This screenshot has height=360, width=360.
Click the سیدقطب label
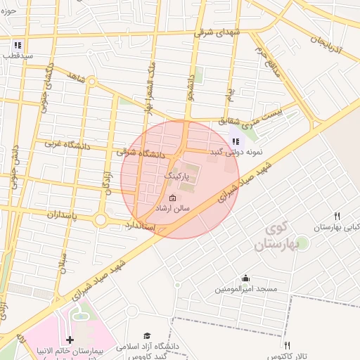click(x=16, y=55)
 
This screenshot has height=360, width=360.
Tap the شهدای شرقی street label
click(x=215, y=32)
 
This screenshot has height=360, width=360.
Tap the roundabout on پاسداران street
click(x=100, y=220)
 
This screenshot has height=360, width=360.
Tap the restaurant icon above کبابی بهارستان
click(x=337, y=216)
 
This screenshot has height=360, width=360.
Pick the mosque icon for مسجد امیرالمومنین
click(x=245, y=278)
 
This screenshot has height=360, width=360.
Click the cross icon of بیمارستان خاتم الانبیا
click(x=70, y=340)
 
